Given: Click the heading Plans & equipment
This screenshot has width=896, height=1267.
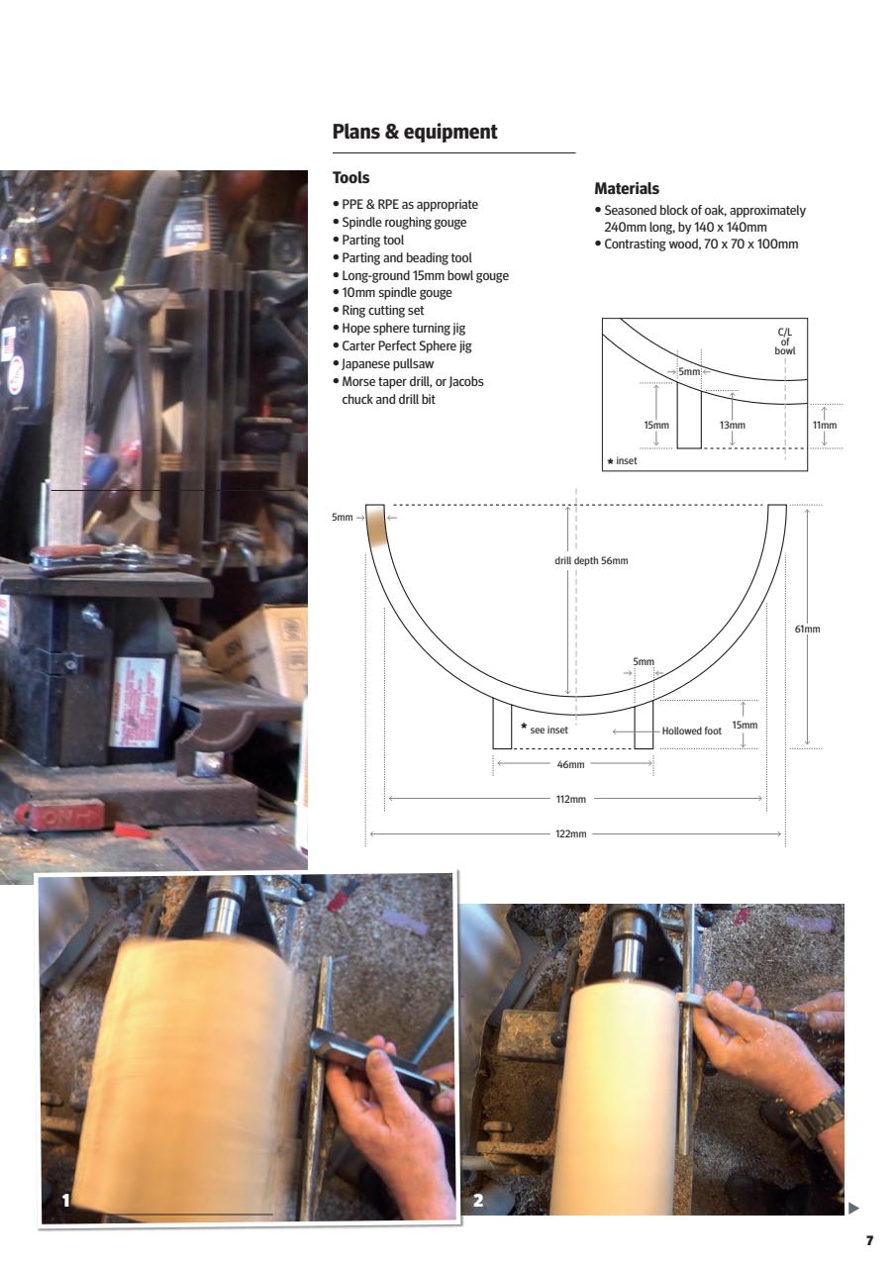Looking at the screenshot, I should tap(415, 132).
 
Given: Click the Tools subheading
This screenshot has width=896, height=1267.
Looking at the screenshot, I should tap(350, 178).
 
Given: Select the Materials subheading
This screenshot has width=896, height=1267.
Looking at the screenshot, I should tap(626, 188).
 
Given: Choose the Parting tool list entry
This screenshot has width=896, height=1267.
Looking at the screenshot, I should tap(372, 240).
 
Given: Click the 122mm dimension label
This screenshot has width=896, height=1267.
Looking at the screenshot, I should tap(571, 834).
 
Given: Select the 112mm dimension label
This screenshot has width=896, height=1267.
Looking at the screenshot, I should tap(571, 799).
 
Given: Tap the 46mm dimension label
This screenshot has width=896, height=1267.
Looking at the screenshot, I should tap(571, 764).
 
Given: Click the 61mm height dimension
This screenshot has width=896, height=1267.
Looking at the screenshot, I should tap(808, 629).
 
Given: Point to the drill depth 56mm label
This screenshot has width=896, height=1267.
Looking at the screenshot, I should tap(591, 560).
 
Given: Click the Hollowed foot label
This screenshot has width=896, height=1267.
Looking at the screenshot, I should tap(691, 731).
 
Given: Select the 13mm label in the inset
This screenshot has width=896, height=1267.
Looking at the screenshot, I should tap(733, 425).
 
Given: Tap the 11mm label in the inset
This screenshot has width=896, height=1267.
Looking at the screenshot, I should tap(825, 425).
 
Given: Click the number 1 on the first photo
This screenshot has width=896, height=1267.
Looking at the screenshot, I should tap(66, 1200).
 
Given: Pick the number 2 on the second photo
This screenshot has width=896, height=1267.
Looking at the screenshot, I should tap(478, 1200).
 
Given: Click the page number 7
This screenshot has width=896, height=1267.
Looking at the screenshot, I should tap(869, 1240).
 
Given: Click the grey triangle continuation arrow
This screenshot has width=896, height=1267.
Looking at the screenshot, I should tap(854, 1208).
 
